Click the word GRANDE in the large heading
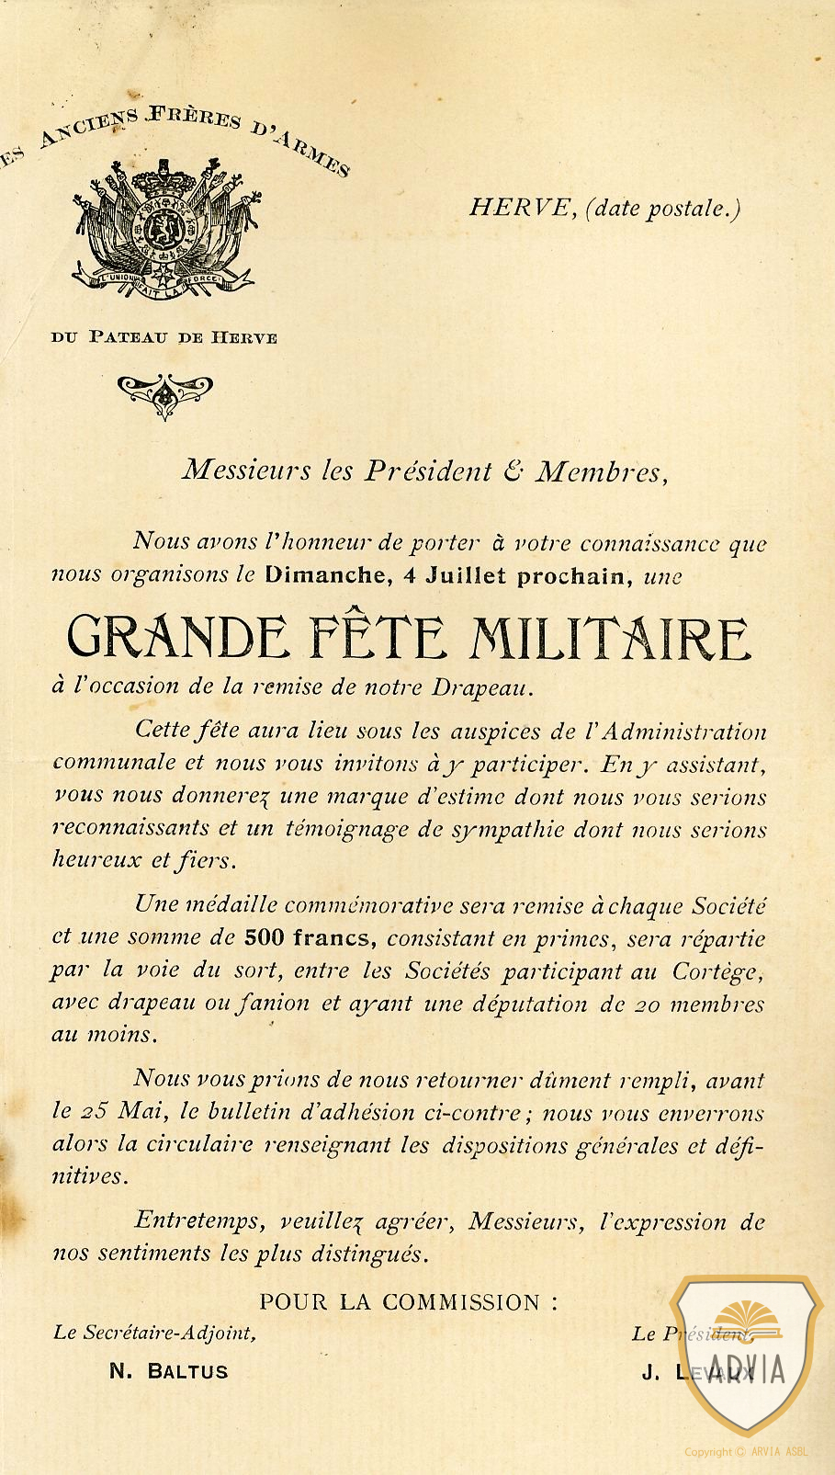click(177, 638)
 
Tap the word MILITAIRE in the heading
click(609, 638)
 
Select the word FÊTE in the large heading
click(378, 636)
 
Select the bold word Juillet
click(465, 576)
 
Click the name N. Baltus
click(168, 1371)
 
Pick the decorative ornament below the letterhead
click(165, 392)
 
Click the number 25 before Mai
click(93, 1111)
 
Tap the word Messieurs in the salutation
click(247, 471)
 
